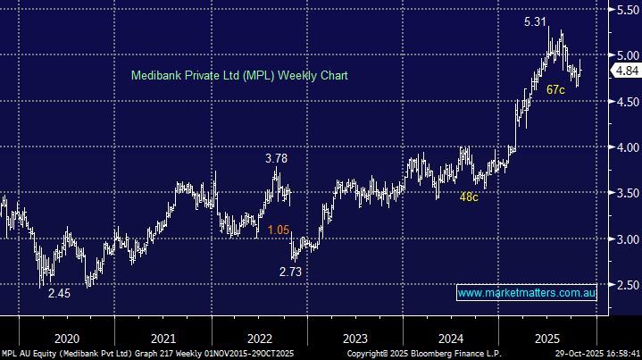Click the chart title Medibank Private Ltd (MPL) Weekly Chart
(x=238, y=76)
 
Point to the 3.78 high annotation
(x=277, y=159)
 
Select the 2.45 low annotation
(x=59, y=292)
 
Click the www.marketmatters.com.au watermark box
(x=527, y=293)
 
